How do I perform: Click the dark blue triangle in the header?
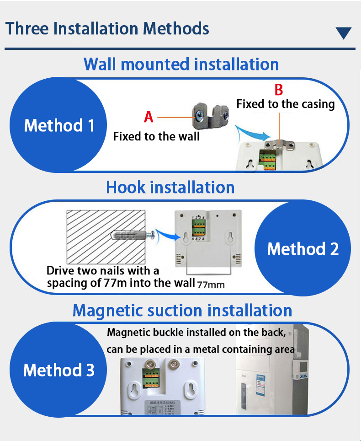[343, 33]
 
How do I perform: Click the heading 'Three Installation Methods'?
[107, 28]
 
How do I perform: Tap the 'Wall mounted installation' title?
[181, 64]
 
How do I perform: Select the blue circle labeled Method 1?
[59, 125]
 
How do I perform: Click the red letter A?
[149, 117]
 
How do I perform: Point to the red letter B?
[278, 89]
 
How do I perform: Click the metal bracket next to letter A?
[210, 116]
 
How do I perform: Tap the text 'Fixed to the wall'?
[156, 136]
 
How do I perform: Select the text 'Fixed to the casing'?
[285, 104]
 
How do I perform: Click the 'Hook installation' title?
[170, 188]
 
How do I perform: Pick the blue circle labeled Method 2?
[303, 249]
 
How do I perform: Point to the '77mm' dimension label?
[211, 285]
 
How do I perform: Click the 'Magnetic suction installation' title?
[182, 310]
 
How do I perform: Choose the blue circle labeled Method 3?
[58, 370]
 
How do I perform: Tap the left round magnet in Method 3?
[149, 365]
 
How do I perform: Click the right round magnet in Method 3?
[173, 365]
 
